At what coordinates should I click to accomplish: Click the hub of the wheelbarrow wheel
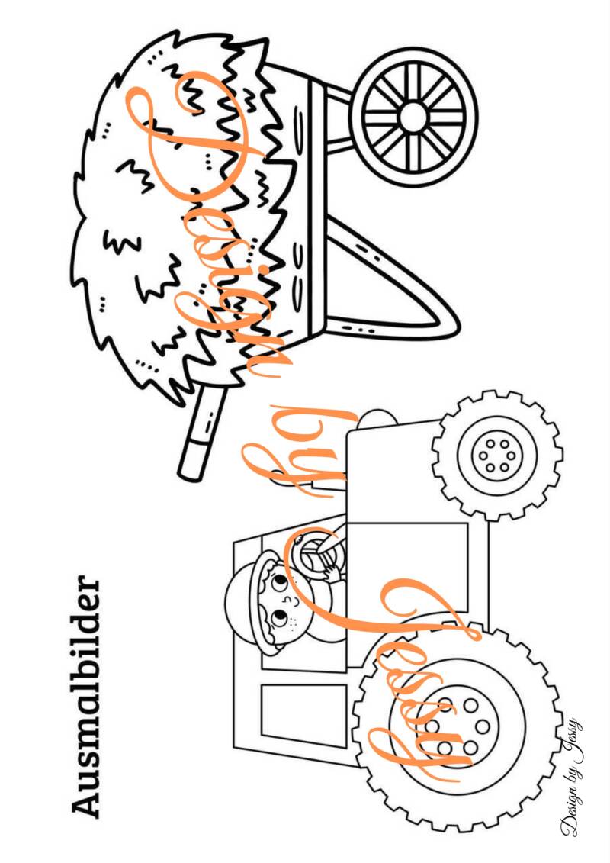pyautogui.click(x=413, y=118)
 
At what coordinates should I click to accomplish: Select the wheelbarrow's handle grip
pyautogui.click(x=194, y=456)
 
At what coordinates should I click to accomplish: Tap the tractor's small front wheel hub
pyautogui.click(x=497, y=456)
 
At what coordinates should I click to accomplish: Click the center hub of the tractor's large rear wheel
pyautogui.click(x=457, y=726)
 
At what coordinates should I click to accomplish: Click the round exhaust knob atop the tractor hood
pyautogui.click(x=377, y=417)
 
